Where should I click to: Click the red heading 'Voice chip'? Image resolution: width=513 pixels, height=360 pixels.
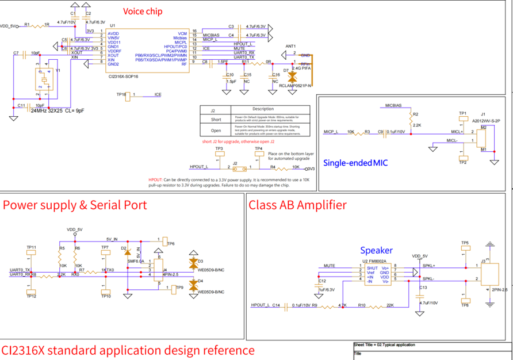pos(143,12)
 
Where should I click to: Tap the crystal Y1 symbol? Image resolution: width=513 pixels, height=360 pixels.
pos(44,81)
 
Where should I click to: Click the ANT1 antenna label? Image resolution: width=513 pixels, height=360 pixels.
pos(290,46)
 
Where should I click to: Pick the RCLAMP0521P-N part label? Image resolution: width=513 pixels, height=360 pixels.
pos(295,86)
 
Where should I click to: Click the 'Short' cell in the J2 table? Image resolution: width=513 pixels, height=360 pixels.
pos(216,120)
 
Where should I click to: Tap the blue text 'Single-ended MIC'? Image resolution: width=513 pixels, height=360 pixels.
pos(355,163)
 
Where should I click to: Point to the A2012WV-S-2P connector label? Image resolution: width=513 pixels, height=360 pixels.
pos(484,121)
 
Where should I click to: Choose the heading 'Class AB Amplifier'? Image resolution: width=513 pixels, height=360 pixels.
pos(297,205)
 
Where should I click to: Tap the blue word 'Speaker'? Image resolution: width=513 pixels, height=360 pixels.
pos(376,250)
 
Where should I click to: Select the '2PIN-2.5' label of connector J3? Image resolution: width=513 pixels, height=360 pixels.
pos(499,290)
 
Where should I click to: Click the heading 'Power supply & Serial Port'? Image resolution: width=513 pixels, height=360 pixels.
pos(75,205)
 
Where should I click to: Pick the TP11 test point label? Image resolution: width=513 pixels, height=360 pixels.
pos(31,247)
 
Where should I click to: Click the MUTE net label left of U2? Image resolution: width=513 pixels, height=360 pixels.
pos(329,266)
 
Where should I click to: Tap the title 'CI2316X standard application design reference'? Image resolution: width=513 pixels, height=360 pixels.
pos(128,350)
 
